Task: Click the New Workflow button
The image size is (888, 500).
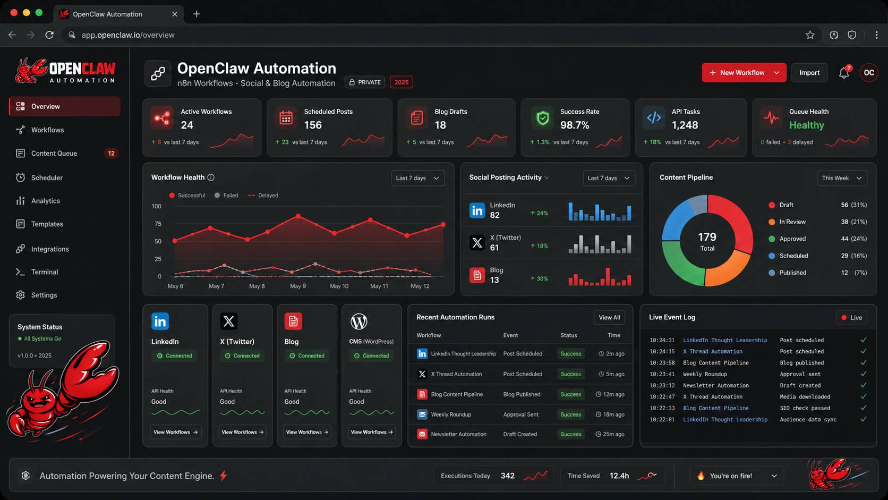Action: pos(737,73)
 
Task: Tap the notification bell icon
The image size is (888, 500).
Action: pos(844,73)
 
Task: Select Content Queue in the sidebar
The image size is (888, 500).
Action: pos(54,154)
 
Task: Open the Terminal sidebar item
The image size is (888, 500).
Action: pos(45,272)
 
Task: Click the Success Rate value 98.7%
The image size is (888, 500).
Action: pos(575,125)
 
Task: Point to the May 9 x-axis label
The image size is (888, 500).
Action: pos(298,286)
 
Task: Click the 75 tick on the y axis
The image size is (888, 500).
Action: pos(158,224)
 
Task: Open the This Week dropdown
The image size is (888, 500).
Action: pos(841,178)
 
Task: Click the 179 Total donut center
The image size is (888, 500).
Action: pos(707,241)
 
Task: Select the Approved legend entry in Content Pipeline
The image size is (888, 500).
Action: pos(792,239)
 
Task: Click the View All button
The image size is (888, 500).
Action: pos(609,318)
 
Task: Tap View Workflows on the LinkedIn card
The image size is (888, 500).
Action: pos(175,432)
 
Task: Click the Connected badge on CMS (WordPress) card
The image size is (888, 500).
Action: pos(371,356)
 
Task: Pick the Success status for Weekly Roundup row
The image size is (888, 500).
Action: pos(571,414)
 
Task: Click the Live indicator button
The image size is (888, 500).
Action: pos(851,318)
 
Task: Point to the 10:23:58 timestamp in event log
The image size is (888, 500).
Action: pos(662,363)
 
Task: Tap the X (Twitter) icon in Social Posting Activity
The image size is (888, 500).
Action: pos(477,243)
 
